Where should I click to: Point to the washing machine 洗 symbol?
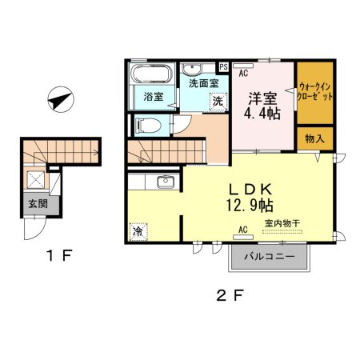click(217, 102)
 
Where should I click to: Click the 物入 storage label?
click(314, 138)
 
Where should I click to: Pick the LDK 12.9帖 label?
click(253, 198)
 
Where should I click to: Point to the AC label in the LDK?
click(243, 229)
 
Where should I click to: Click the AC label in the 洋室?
click(243, 72)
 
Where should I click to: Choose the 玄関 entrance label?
click(34, 203)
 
